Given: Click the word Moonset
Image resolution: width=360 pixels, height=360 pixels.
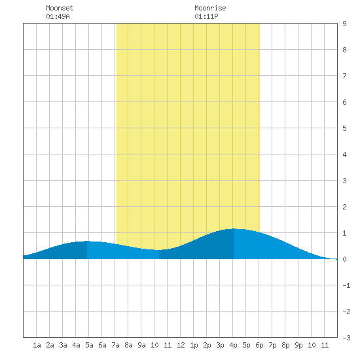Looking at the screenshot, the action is point(60,8).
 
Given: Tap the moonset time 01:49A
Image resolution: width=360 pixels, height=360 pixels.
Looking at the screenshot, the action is point(58,16).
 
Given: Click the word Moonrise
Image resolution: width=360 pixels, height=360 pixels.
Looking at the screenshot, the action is point(210,8).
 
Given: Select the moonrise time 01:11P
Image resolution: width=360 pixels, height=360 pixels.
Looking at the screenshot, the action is point(206,16).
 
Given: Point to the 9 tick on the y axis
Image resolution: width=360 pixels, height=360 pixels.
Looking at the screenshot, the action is point(344,24).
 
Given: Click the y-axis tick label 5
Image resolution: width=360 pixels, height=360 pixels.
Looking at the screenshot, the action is point(344,128).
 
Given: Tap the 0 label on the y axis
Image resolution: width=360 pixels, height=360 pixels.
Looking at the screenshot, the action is point(344,259).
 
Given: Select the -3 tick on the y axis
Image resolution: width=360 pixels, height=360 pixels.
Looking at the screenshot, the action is point(347,338).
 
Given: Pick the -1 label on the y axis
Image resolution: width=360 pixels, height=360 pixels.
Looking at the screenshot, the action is point(347,285).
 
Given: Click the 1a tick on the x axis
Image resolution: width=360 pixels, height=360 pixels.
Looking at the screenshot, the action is point(37,345).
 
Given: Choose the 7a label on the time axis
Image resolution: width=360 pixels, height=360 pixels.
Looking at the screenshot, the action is point(115,345).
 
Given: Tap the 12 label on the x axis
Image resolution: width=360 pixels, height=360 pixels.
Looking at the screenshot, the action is point(181,345).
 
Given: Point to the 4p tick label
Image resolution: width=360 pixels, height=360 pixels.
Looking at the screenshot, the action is point(233,345).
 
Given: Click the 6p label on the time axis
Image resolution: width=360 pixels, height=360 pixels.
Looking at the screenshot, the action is point(259,345).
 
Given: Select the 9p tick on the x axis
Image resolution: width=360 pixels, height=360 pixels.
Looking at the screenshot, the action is point(298,345).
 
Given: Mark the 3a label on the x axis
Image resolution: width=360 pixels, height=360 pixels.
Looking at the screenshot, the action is point(63,345).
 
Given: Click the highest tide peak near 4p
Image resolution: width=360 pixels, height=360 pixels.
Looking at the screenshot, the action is point(234,228).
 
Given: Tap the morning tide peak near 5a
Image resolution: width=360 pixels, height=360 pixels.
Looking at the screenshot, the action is point(87,241).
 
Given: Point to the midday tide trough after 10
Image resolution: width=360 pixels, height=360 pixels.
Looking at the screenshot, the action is point(159,250).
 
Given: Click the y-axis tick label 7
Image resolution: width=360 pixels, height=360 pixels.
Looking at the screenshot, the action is point(344,76).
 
